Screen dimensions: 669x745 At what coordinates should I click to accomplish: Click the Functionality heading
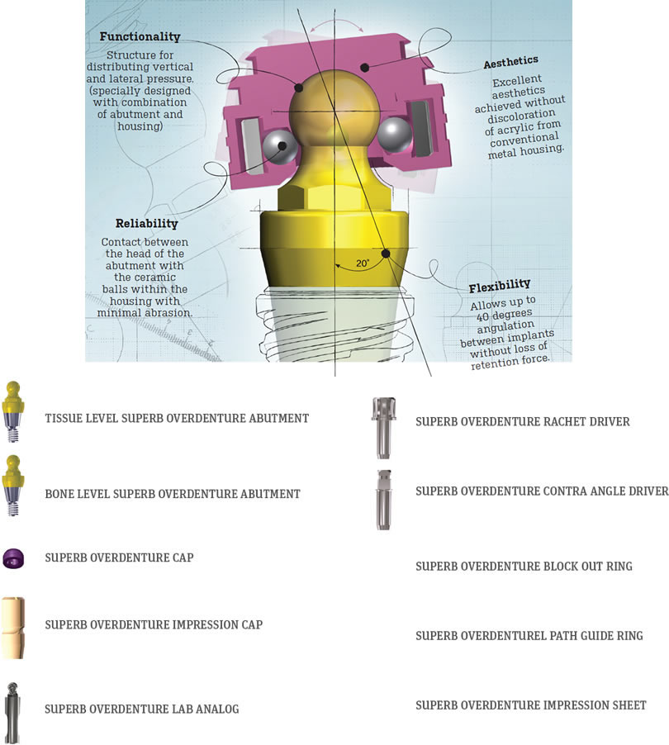[x=140, y=36]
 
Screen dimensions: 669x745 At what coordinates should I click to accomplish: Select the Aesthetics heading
[x=510, y=62]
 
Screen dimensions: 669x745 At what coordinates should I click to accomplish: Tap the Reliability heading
[x=146, y=223]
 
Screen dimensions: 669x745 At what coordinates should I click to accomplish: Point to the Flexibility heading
[x=500, y=286]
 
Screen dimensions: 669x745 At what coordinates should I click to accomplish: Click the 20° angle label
[x=363, y=263]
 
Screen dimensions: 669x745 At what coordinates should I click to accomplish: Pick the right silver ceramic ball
[x=394, y=135]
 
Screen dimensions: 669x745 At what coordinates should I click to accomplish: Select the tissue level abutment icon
[x=13, y=411]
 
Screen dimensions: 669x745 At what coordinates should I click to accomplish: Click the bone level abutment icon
[x=13, y=486]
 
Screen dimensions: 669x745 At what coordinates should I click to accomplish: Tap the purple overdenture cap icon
[x=13, y=558]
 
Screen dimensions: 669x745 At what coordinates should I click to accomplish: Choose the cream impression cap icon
[x=13, y=628]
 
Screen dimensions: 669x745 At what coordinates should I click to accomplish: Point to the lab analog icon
[x=12, y=713]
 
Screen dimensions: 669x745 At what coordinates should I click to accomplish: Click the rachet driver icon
[x=383, y=428]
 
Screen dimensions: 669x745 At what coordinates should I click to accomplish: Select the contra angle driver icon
[x=383, y=500]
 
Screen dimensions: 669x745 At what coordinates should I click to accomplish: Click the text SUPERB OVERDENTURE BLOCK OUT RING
[x=524, y=567]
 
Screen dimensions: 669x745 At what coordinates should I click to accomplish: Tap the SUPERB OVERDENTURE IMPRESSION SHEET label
[x=531, y=705]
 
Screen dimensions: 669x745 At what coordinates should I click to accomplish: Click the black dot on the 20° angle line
[x=386, y=254]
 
